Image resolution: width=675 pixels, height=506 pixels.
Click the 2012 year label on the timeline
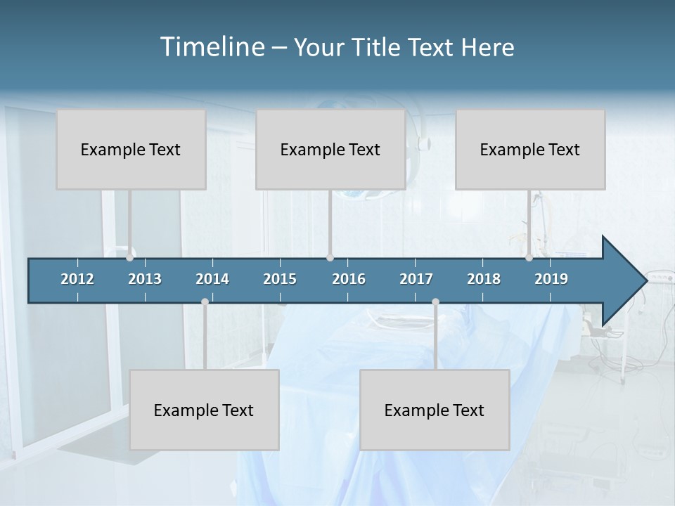pyautogui.click(x=77, y=279)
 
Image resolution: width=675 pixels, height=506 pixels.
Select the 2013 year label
pyautogui.click(x=145, y=279)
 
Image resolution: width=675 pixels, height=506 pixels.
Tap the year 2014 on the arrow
pyautogui.click(x=212, y=279)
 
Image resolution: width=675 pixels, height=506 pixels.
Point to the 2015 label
pyautogui.click(x=280, y=279)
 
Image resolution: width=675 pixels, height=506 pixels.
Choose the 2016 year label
pyautogui.click(x=349, y=279)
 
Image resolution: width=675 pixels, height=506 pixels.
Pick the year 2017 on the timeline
pyautogui.click(x=416, y=279)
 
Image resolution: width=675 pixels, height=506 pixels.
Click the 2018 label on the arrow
pyautogui.click(x=484, y=279)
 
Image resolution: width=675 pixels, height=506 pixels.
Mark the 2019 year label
pyautogui.click(x=551, y=279)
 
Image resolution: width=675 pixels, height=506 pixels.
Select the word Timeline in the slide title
pyautogui.click(x=211, y=47)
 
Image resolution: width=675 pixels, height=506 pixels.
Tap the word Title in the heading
pyautogui.click(x=378, y=48)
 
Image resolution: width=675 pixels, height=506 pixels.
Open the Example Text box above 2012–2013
pyautogui.click(x=131, y=150)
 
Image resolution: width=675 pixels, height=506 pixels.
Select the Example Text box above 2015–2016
pyautogui.click(x=330, y=150)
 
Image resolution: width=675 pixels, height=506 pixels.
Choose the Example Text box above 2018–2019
pyautogui.click(x=530, y=150)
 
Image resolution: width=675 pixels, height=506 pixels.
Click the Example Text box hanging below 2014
pyautogui.click(x=204, y=410)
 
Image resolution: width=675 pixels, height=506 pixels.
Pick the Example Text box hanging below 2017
pyautogui.click(x=435, y=410)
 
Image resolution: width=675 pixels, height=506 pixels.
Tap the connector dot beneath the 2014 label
pyautogui.click(x=205, y=302)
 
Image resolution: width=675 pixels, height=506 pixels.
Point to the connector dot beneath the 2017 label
pyautogui.click(x=435, y=302)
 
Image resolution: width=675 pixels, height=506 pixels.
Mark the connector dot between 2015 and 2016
pyautogui.click(x=330, y=258)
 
